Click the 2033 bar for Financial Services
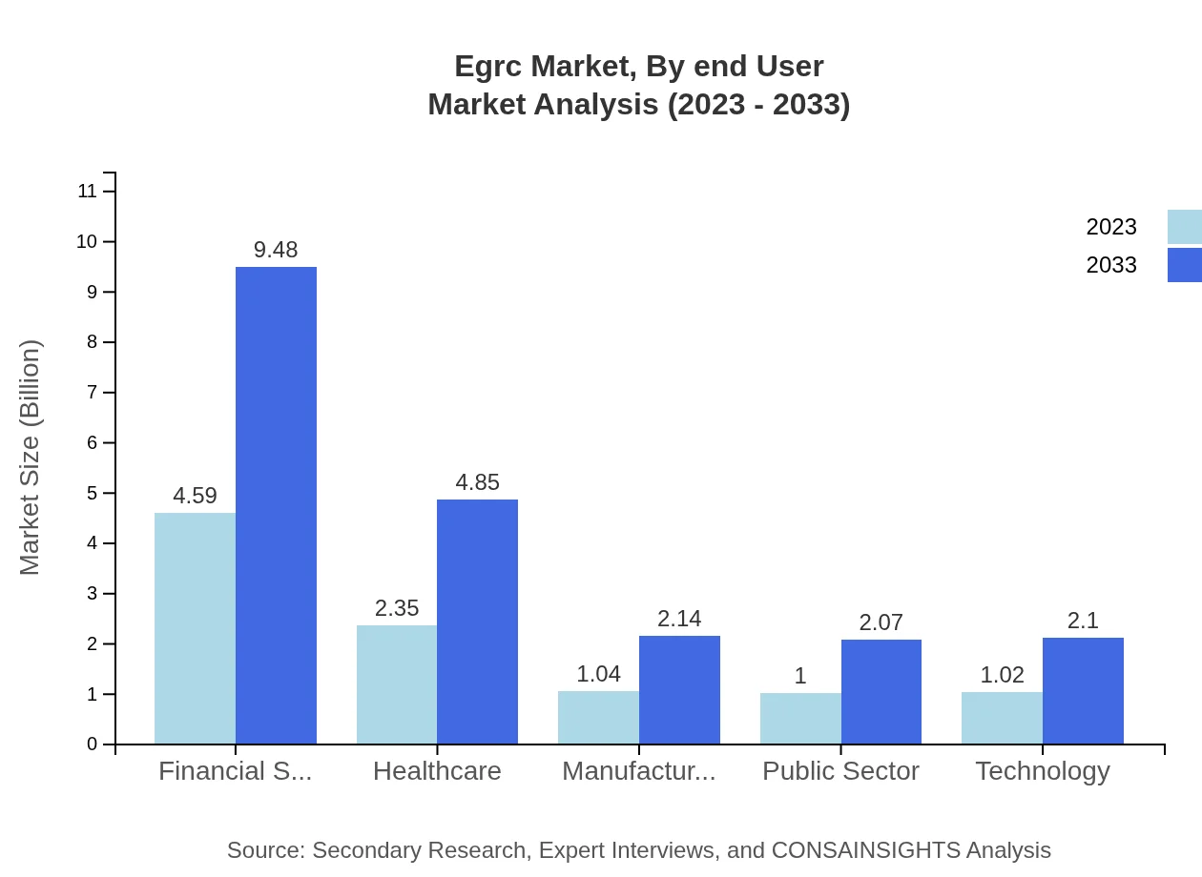pyautogui.click(x=276, y=505)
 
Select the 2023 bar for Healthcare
pyautogui.click(x=397, y=684)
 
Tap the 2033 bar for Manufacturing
pyautogui.click(x=679, y=689)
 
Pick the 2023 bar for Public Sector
pyautogui.click(x=800, y=718)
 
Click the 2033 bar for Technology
pyautogui.click(x=1083, y=690)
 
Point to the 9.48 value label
pyautogui.click(x=276, y=250)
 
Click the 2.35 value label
pyautogui.click(x=397, y=608)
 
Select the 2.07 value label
pyautogui.click(x=881, y=622)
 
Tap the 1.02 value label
pyautogui.click(x=1002, y=675)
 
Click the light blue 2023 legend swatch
pyautogui.click(x=1184, y=227)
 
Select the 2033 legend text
pyautogui.click(x=1111, y=265)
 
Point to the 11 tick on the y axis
pyautogui.click(x=88, y=191)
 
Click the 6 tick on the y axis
pyautogui.click(x=93, y=442)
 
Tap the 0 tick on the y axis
pyautogui.click(x=93, y=744)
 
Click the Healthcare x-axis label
pyautogui.click(x=437, y=770)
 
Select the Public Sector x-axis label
pyautogui.click(x=840, y=770)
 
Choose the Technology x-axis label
pyautogui.click(x=1042, y=770)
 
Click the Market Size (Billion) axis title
pyautogui.click(x=31, y=458)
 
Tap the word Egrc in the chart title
pyautogui.click(x=487, y=67)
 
